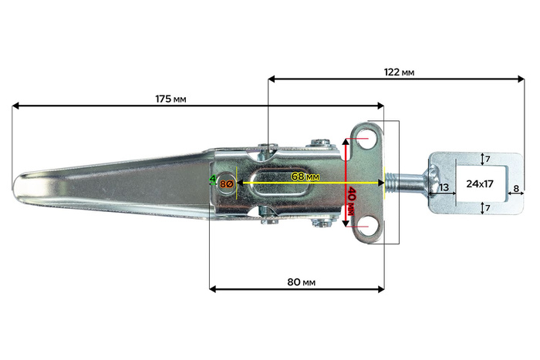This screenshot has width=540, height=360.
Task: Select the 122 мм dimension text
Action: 399,72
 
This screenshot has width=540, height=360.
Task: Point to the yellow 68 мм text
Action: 305,177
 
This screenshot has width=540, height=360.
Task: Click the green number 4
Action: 213,180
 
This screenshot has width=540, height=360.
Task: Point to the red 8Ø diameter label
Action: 226,183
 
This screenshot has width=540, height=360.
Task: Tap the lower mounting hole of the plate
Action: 366,226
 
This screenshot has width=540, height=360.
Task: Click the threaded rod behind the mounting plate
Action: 407,184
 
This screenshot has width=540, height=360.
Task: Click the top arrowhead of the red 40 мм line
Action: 347,141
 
